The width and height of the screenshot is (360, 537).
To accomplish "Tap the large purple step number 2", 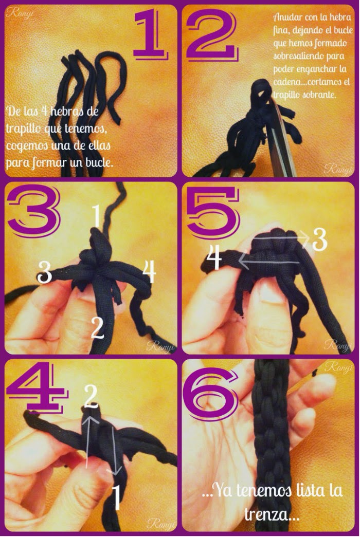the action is pyautogui.click(x=212, y=34).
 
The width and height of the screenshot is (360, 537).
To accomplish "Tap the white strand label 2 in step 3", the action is pyautogui.click(x=98, y=328).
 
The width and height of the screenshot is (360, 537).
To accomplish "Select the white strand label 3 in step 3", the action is pyautogui.click(x=45, y=272).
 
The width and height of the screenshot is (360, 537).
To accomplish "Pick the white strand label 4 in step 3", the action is pyautogui.click(x=150, y=271).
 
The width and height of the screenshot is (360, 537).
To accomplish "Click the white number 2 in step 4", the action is pyautogui.click(x=91, y=396).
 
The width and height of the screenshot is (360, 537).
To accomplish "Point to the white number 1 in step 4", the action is pyautogui.click(x=117, y=497).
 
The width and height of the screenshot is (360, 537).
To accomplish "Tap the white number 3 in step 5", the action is pyautogui.click(x=319, y=240).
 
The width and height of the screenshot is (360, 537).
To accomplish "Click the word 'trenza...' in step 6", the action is pyautogui.click(x=271, y=514).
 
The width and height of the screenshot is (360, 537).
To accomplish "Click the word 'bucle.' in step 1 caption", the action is pyautogui.click(x=99, y=161).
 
